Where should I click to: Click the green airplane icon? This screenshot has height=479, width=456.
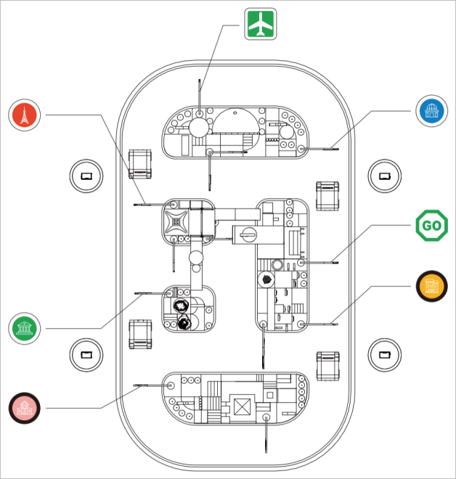[261, 23]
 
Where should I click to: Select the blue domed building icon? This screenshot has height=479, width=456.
[432, 111]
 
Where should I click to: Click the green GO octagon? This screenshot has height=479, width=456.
[431, 226]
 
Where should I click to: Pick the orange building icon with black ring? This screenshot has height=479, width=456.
[432, 287]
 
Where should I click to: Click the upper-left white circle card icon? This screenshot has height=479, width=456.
[86, 176]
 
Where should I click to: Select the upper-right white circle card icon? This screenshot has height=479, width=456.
[384, 176]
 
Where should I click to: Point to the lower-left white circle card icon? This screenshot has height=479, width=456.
[86, 355]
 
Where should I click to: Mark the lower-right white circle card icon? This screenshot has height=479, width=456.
[384, 354]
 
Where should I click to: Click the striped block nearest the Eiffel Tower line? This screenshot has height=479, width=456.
[139, 163]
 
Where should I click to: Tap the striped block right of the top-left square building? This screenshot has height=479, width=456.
[328, 195]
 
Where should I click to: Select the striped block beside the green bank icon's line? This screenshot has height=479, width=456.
[139, 335]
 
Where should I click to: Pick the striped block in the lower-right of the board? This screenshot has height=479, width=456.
[328, 366]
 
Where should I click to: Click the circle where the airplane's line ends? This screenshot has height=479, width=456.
[199, 113]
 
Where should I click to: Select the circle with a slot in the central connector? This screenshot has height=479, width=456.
[248, 234]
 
